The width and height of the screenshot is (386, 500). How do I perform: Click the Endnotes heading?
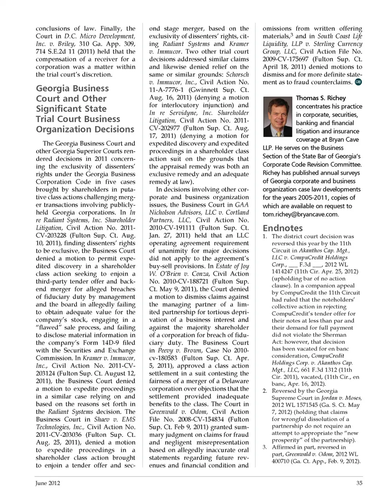(x=283, y=228)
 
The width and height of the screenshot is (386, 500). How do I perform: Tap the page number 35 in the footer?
(x=359, y=483)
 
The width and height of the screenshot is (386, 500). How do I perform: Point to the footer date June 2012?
(x=47, y=483)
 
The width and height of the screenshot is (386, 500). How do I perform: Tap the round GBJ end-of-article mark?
(x=358, y=82)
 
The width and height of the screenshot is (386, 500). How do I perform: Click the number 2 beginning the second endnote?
(x=265, y=391)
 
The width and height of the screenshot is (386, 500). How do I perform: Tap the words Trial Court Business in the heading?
(x=78, y=119)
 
